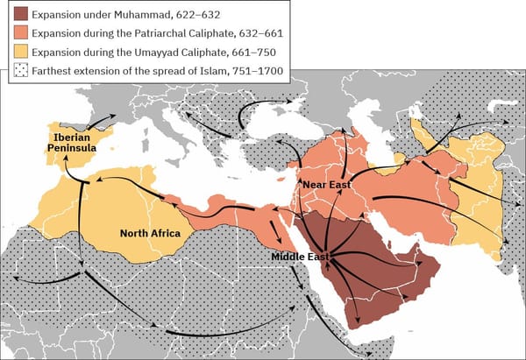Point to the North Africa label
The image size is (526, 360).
click(150, 233)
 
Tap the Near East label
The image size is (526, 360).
click(326, 186)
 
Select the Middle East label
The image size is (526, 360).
click(300, 256)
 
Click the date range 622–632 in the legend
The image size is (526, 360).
click(207, 15)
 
